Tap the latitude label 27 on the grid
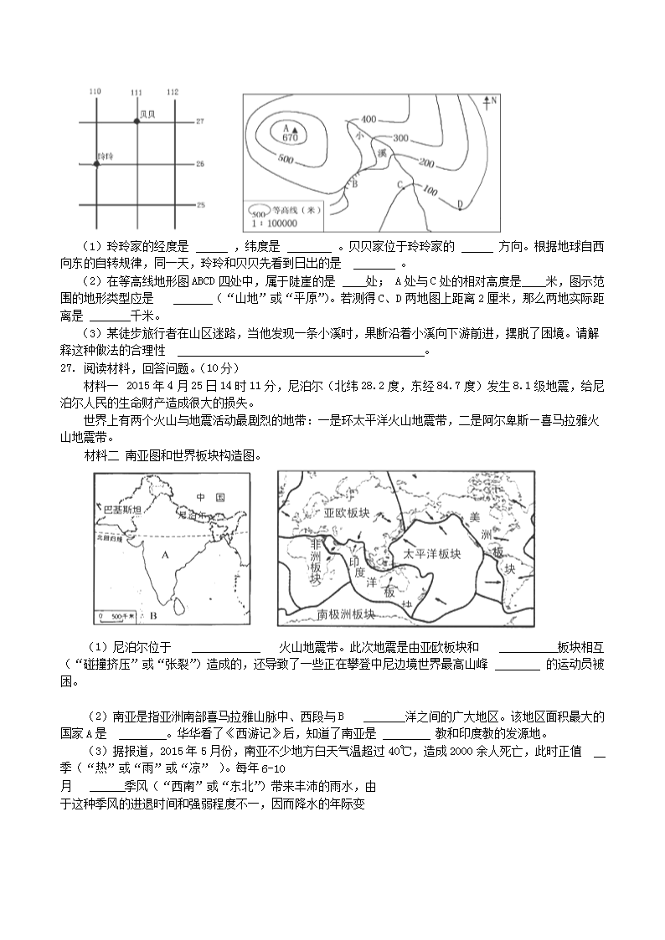coord(200,122)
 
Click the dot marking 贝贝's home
coord(137,122)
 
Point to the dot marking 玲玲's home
coord(96,164)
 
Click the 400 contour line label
coord(369,118)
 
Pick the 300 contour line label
coord(400,138)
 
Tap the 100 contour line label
coord(430,193)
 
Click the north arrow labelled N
coord(489,103)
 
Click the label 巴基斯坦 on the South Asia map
coord(121,510)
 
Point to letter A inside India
coord(165,553)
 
